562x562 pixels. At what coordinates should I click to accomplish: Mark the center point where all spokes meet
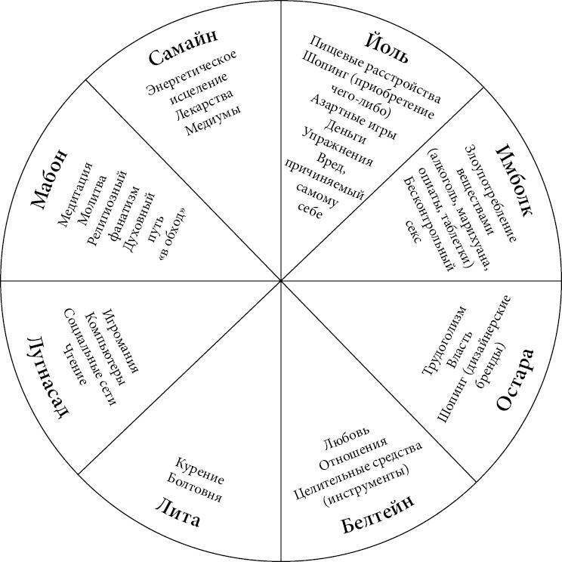click(281, 280)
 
